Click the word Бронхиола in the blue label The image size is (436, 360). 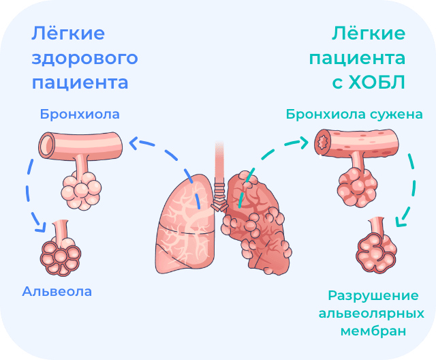79,114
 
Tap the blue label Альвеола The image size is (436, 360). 57,292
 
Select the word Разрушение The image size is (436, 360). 372,297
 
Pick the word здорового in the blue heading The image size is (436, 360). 84,58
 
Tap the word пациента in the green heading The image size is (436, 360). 358,58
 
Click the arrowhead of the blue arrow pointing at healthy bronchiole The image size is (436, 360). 132,142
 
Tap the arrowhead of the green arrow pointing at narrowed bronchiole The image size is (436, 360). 305,142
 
